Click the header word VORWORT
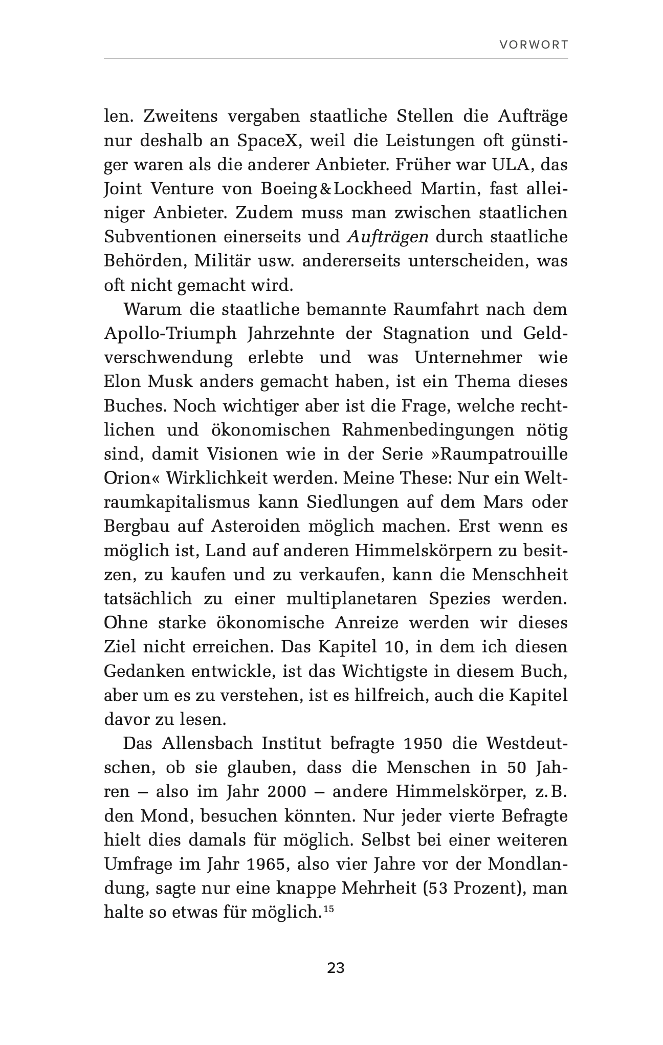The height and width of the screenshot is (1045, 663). [534, 44]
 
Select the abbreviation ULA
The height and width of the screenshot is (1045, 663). [513, 165]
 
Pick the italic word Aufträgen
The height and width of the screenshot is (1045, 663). [387, 237]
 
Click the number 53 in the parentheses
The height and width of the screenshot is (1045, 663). [438, 888]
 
